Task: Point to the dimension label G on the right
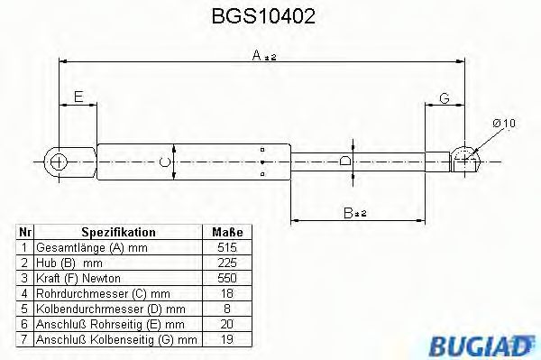pyautogui.click(x=445, y=97)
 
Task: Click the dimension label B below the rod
pyautogui.click(x=353, y=213)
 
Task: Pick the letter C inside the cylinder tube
pyautogui.click(x=162, y=162)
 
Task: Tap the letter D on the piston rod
pyautogui.click(x=346, y=162)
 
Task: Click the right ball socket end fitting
pyautogui.click(x=465, y=159)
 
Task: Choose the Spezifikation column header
pyautogui.click(x=119, y=232)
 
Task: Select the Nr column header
pyautogui.click(x=25, y=232)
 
